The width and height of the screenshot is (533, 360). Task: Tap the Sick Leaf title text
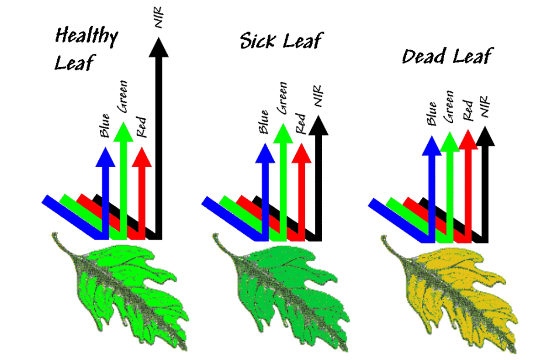281,41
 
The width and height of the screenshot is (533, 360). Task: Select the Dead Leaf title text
447,57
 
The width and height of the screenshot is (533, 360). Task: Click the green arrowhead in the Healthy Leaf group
123,131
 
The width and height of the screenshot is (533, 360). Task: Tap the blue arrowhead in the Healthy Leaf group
105,156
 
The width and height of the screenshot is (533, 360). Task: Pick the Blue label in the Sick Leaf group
264,122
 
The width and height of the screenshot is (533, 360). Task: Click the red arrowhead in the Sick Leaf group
302,152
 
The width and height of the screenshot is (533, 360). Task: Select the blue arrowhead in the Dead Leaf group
431,143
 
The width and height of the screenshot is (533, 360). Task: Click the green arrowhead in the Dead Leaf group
449,141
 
